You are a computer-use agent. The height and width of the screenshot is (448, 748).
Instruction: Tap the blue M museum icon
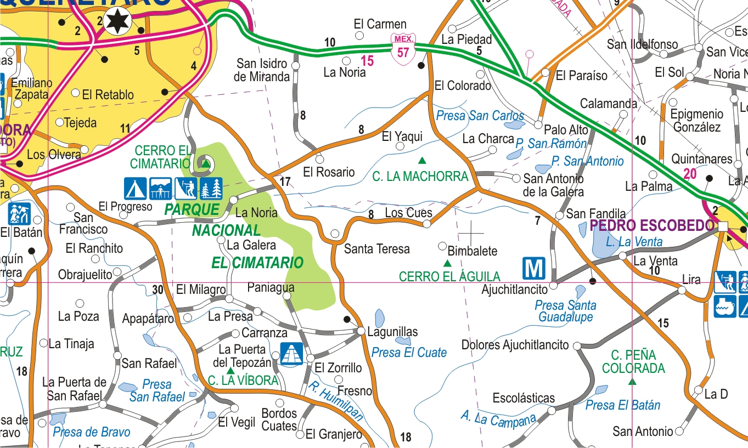pos(533,268)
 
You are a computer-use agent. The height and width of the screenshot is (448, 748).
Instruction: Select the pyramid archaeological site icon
pos(291,354)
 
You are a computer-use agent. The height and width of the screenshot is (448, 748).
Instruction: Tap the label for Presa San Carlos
pos(480,116)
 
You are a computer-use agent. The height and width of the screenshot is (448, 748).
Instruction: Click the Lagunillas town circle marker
pos(361,331)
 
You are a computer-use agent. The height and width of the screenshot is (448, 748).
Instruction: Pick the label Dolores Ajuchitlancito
pos(515,345)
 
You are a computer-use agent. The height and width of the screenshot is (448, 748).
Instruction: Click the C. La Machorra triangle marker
pos(422,161)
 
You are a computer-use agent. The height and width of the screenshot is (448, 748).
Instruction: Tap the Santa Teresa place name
pos(376,249)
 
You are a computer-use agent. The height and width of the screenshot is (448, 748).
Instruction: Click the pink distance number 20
pos(690,174)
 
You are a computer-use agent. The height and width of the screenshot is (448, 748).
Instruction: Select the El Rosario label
pos(329,172)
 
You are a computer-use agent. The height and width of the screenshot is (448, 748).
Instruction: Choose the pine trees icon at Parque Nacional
pos(211,188)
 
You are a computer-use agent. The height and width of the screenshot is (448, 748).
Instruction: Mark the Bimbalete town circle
pos(442,245)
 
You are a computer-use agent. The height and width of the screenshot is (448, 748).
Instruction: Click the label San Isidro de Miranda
pos(262,70)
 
